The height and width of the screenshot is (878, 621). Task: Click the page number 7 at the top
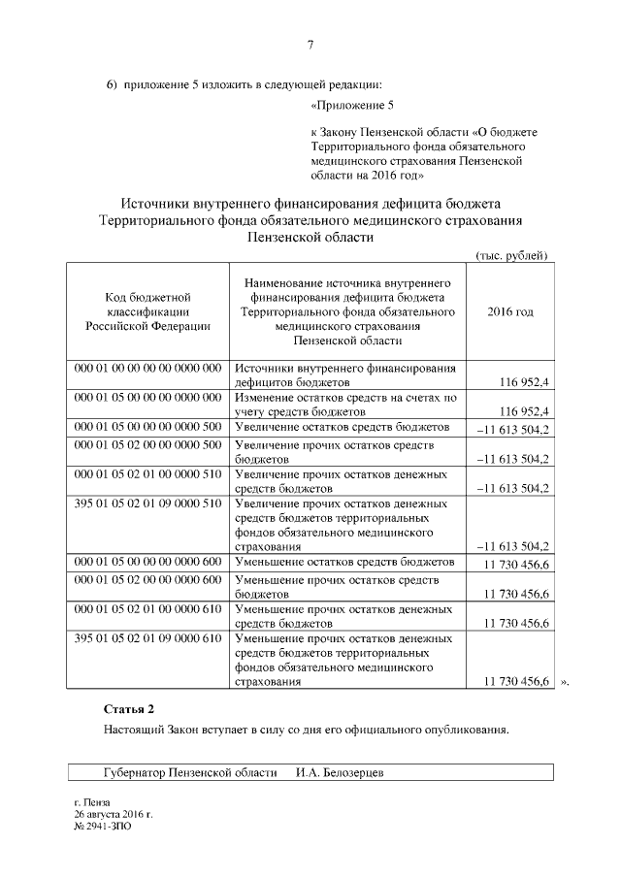tap(310, 44)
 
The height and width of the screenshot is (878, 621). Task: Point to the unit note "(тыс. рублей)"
tap(512, 254)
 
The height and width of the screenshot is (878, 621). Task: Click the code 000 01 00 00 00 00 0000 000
tap(148, 369)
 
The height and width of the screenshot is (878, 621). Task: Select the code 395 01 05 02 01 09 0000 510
tap(148, 504)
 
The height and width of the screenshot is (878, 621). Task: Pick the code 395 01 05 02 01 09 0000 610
tap(148, 639)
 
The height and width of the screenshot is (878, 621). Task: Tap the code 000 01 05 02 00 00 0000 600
tap(148, 579)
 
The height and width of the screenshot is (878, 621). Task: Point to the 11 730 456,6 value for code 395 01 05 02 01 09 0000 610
tap(509, 683)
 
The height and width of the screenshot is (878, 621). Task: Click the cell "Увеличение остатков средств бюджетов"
tap(343, 427)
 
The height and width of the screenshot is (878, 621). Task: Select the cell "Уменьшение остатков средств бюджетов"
tap(345, 562)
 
